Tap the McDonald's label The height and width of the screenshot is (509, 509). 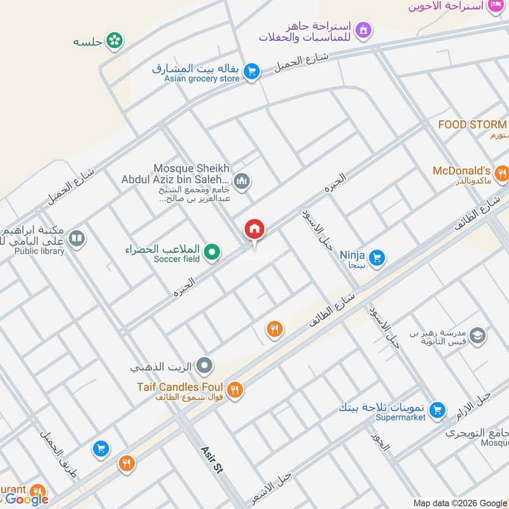tap(461, 171)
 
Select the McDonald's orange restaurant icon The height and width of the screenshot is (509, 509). tap(502, 172)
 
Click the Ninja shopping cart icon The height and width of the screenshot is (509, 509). tap(377, 257)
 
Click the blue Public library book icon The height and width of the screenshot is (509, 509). tap(76, 239)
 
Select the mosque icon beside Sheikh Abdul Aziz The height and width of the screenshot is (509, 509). tap(241, 183)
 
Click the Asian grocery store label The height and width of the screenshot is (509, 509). tap(202, 78)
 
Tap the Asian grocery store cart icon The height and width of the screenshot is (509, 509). tap(252, 72)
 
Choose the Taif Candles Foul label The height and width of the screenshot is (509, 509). tap(179, 387)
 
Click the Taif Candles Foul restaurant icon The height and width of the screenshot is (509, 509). tap(235, 390)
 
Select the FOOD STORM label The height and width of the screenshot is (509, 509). tap(472, 125)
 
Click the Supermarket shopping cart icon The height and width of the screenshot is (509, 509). tap(436, 410)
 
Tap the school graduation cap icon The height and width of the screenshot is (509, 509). tap(477, 335)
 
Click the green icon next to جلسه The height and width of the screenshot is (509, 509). tap(115, 41)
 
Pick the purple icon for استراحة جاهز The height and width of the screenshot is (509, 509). tap(363, 29)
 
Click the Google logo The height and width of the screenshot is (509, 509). tap(27, 499)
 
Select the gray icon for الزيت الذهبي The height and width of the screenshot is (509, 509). tap(204, 366)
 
